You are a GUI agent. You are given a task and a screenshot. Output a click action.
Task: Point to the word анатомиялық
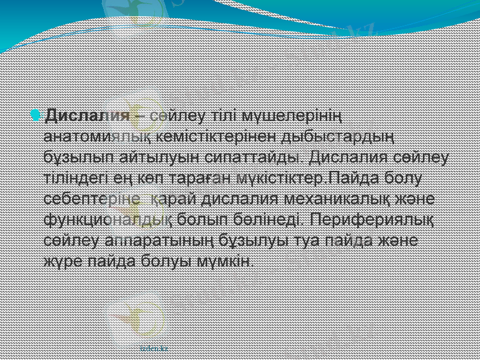click(x=98, y=136)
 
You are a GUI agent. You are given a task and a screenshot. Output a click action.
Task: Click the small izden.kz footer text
click(x=154, y=347)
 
